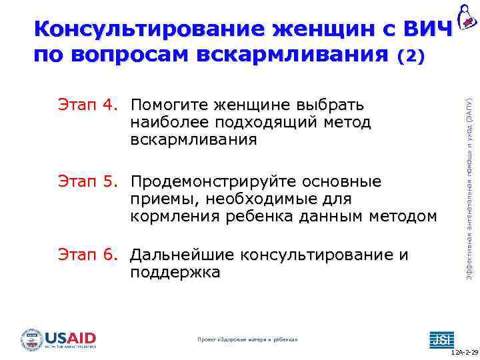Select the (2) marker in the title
[x=410, y=57]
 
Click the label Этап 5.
[x=87, y=182]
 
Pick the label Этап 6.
[x=87, y=255]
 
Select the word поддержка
[x=175, y=273]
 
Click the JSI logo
[x=441, y=339]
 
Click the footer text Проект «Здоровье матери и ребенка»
[x=248, y=340]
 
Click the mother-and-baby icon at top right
[x=466, y=16]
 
